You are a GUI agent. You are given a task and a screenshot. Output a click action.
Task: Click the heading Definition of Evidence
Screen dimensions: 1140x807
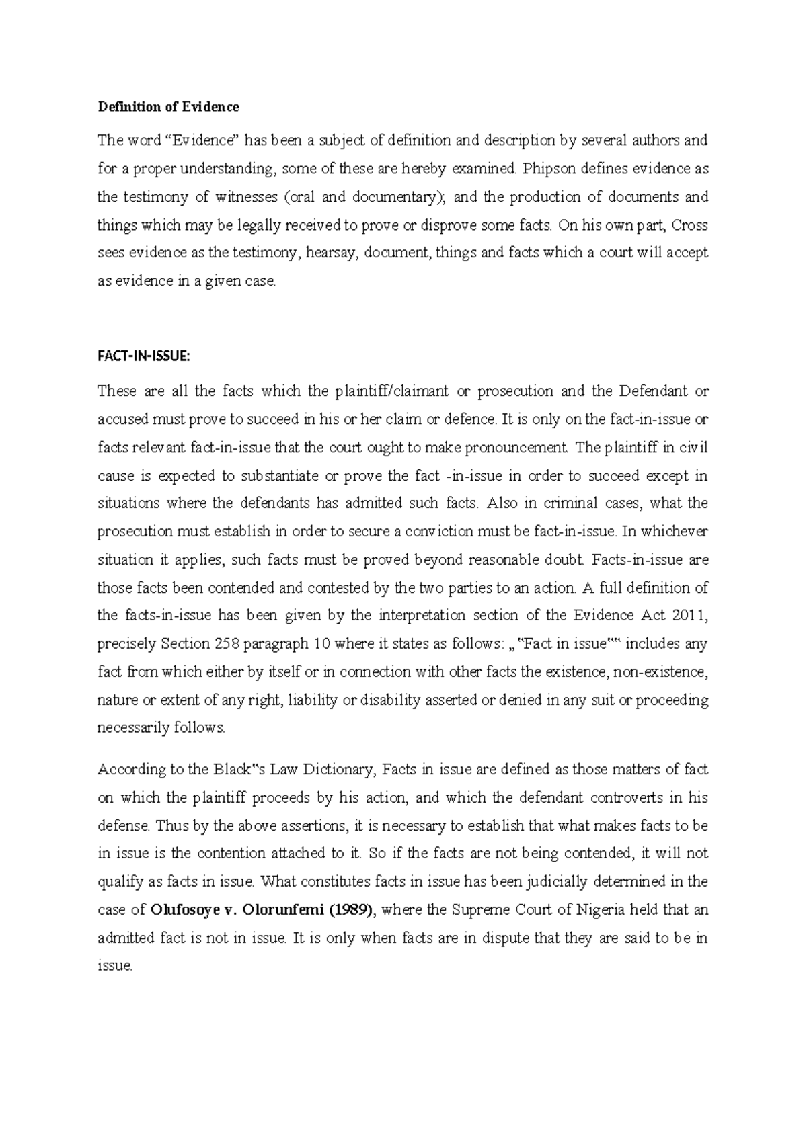168,107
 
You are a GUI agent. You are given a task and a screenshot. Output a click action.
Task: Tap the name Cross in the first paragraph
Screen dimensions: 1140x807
691,225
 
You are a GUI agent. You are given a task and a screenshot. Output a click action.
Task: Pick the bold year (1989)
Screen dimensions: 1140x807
357,910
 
